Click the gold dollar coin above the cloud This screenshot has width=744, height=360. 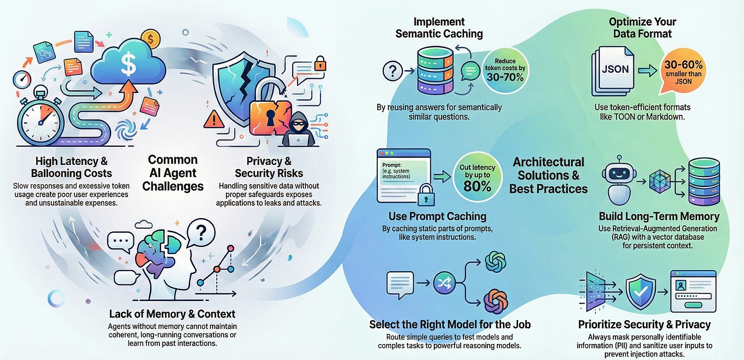150,39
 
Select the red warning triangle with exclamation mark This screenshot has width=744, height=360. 214,120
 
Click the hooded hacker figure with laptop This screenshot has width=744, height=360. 298,130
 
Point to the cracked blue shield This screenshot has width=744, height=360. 243,88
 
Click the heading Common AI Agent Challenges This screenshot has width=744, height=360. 173,173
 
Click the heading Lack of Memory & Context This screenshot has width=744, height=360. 172,314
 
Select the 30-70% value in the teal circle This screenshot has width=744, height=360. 505,78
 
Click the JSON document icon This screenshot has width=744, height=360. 613,71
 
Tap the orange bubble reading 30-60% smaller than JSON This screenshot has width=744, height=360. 683,71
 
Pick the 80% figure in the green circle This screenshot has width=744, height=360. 477,187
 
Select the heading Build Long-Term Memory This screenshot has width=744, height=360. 659,216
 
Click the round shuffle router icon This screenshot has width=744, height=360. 444,283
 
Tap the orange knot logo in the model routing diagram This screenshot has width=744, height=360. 495,302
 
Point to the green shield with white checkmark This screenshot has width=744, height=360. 641,291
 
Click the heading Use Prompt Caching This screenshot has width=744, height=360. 437,216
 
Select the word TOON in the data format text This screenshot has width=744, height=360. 624,116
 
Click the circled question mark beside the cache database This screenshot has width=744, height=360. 393,71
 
